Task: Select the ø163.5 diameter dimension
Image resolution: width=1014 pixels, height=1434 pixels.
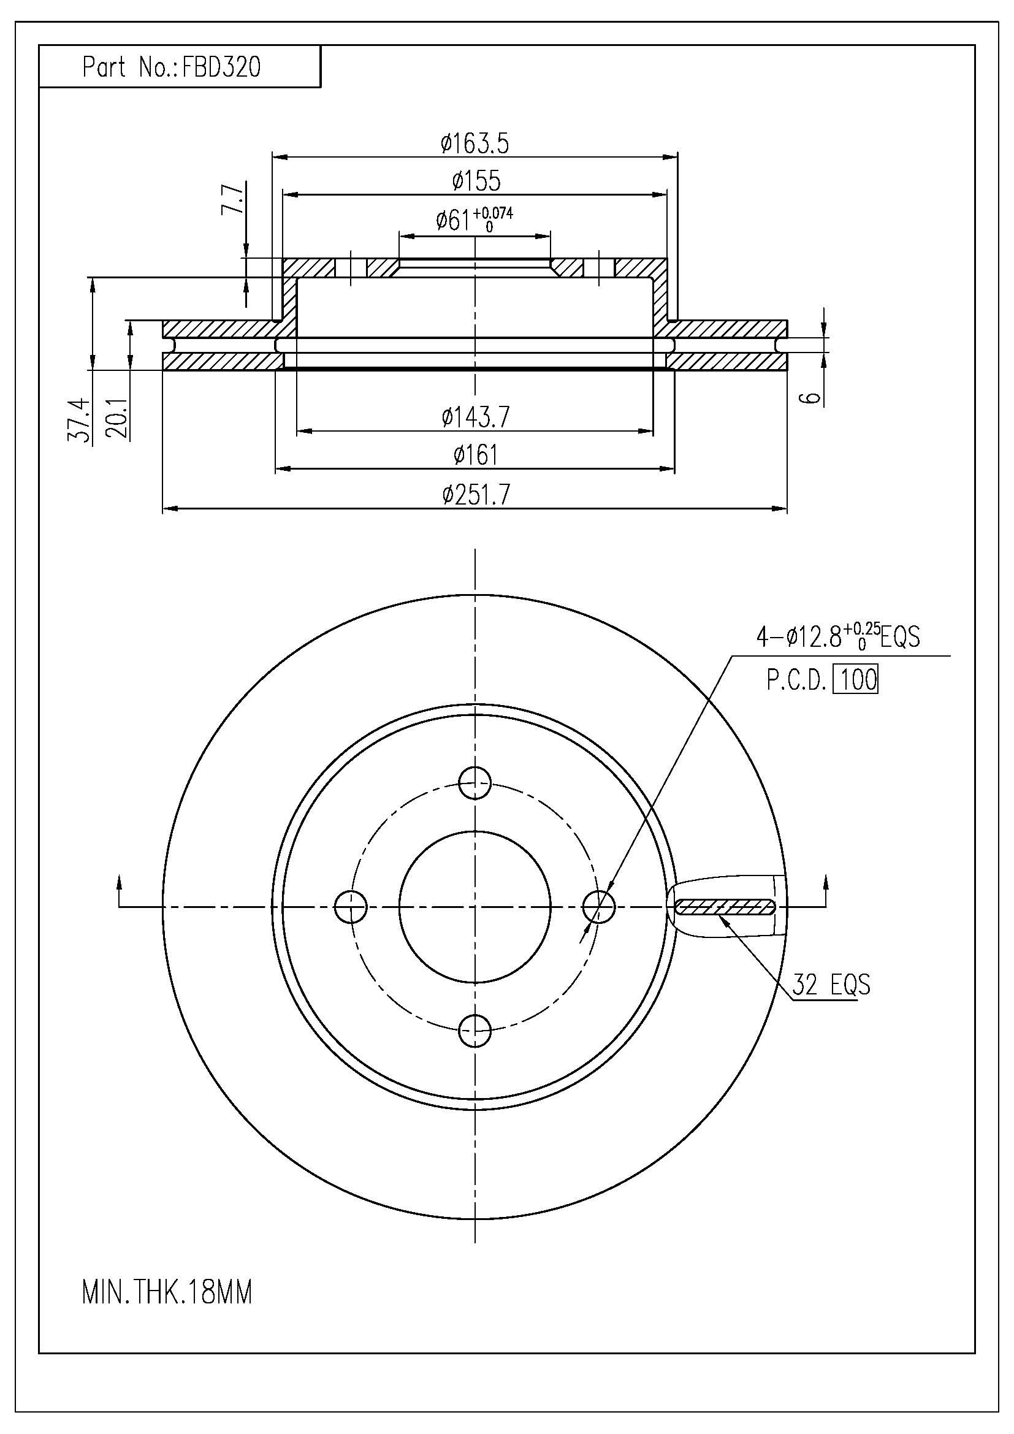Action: [x=475, y=143]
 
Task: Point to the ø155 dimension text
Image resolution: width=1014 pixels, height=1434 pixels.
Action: [x=476, y=181]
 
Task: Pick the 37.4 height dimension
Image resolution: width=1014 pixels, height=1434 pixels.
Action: [x=78, y=422]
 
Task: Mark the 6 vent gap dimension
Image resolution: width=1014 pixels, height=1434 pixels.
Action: [x=812, y=398]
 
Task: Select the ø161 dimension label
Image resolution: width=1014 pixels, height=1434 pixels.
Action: [x=476, y=456]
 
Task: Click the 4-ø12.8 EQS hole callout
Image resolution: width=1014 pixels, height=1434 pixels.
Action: [x=838, y=638]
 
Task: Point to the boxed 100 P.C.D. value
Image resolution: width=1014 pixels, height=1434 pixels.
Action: [x=858, y=679]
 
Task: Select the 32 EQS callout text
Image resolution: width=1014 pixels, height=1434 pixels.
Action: [x=831, y=985]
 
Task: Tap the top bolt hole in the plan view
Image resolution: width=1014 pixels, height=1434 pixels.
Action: [x=475, y=782]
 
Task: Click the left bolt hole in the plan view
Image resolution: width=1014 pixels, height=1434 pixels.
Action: [x=351, y=906]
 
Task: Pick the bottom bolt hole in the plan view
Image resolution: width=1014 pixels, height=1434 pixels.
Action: [x=475, y=1031]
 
